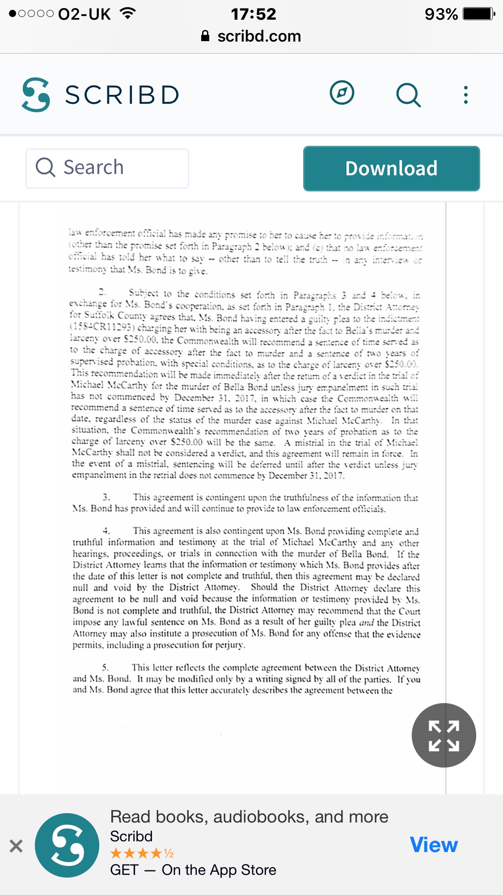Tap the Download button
(391, 169)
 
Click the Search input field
(107, 168)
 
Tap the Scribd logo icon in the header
(36, 94)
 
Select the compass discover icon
(342, 93)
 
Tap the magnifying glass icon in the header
(408, 95)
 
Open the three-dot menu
(466, 95)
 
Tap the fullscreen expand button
(444, 735)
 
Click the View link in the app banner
(434, 844)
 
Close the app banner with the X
(16, 846)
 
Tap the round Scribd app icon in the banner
(67, 845)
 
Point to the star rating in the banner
(142, 853)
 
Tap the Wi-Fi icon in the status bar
(128, 13)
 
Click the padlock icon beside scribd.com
(205, 36)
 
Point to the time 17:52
(254, 14)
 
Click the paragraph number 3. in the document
(106, 497)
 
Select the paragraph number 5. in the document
(106, 667)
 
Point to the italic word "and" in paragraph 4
(366, 623)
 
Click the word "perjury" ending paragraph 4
(229, 645)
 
